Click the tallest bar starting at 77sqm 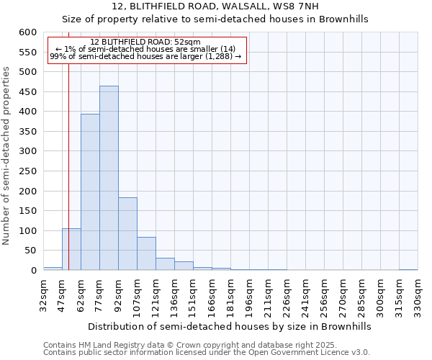(109, 178)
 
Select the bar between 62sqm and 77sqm (90, 192)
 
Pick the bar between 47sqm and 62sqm (71, 249)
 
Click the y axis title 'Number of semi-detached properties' (6, 156)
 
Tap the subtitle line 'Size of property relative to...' (215, 19)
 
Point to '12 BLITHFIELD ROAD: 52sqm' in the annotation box (146, 42)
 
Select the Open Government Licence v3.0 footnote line (206, 353)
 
